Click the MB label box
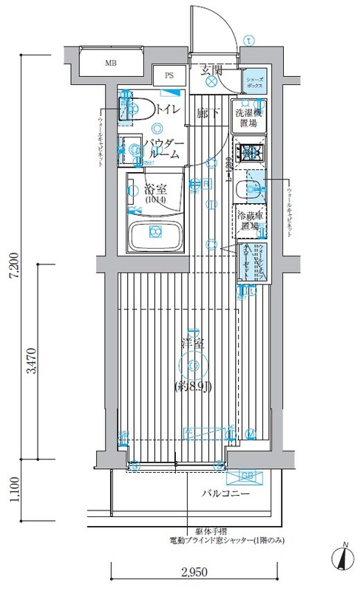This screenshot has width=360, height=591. (x=111, y=62)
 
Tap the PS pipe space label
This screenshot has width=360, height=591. (x=169, y=75)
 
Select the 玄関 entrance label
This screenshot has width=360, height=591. (x=211, y=71)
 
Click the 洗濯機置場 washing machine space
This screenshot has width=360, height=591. (x=248, y=119)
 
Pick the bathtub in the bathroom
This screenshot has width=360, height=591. (x=155, y=235)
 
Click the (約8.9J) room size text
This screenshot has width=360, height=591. (x=194, y=386)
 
